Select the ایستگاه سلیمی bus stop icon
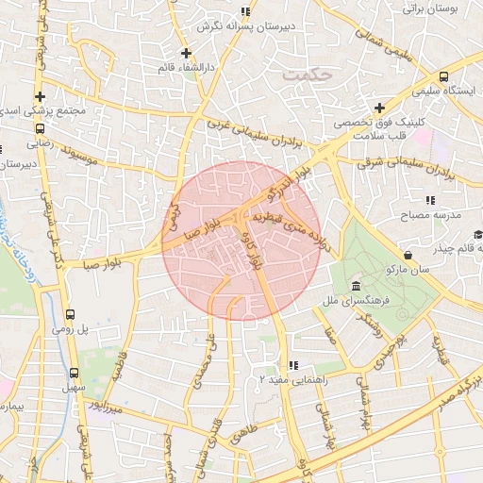click(444, 76)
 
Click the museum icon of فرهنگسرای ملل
click(355, 286)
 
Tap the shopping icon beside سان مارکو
click(408, 255)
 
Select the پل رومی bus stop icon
click(71, 315)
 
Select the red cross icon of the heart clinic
click(379, 108)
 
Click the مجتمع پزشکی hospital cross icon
click(40, 96)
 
